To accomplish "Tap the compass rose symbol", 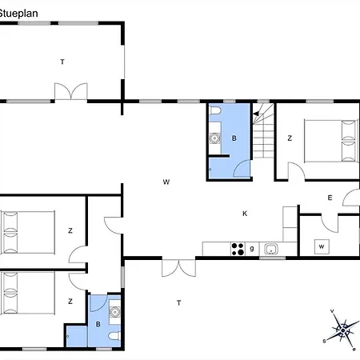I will (x=342, y=329).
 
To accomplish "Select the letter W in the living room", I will (x=166, y=182).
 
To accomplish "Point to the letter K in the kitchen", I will (x=245, y=214).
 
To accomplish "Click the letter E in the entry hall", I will (x=329, y=198).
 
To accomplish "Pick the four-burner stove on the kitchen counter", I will (x=238, y=248).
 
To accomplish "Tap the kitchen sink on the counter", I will (x=272, y=248).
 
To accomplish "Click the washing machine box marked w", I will (x=321, y=246).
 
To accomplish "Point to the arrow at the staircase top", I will (x=258, y=114).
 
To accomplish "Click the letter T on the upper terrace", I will (x=62, y=62).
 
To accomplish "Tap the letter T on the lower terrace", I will (x=179, y=302).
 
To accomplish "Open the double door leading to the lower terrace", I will (x=177, y=267).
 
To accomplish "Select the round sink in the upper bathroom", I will (x=214, y=138).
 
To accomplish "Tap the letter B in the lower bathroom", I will (x=98, y=325).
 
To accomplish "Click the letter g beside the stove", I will (x=252, y=248).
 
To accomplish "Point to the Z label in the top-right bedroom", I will (x=290, y=138).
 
